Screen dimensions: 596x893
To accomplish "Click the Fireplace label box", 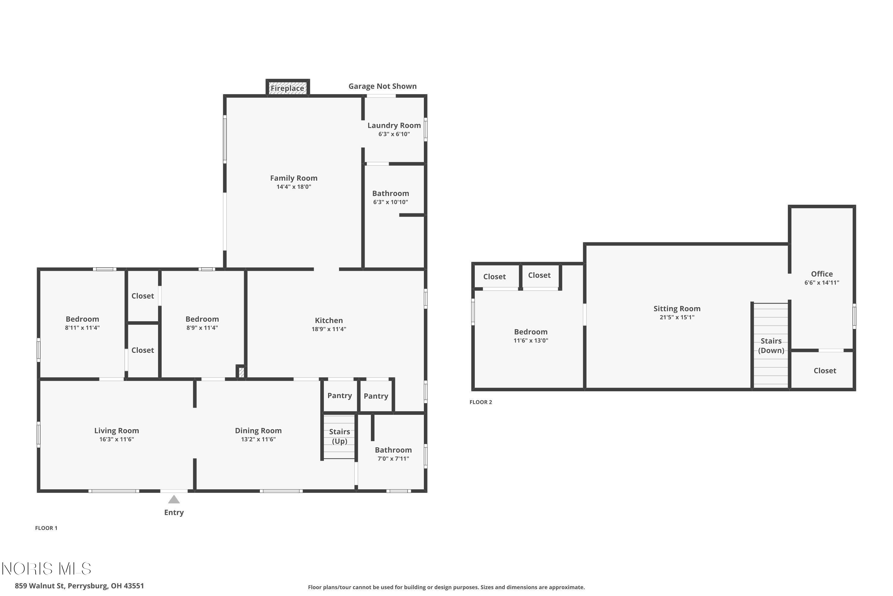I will (288, 88).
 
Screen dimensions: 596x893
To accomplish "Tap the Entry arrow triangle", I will (174, 499).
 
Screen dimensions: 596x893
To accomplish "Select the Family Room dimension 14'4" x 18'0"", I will (293, 187).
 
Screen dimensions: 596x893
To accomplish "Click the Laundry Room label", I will (394, 125).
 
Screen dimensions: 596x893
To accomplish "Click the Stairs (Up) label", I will (339, 436).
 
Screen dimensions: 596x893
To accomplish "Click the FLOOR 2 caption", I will (480, 402).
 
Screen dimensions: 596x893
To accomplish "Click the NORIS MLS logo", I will (46, 569).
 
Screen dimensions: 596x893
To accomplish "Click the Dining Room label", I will (258, 431).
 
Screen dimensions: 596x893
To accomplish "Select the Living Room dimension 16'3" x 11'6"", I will (117, 439).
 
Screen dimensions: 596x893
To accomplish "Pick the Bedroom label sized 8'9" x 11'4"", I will (202, 319).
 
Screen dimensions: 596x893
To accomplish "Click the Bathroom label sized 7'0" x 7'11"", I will (393, 450).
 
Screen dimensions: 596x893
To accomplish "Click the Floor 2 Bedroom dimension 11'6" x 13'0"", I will (530, 341).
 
